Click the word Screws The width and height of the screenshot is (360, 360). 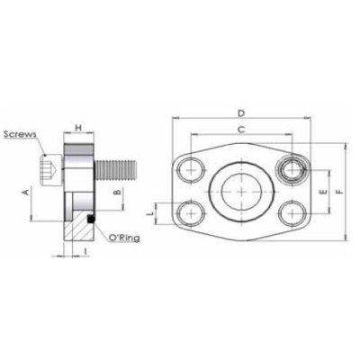[x=20, y=134]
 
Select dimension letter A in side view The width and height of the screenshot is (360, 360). [x=25, y=191]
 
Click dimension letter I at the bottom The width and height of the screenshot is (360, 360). [x=84, y=248]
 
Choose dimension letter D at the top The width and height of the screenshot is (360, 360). [x=240, y=112]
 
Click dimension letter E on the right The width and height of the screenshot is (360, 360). [x=321, y=191]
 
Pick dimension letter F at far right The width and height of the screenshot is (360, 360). [x=339, y=191]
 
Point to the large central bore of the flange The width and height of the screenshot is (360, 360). [x=240, y=191]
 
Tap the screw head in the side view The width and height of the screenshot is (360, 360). [x=48, y=168]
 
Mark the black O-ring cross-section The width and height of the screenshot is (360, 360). [x=92, y=219]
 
